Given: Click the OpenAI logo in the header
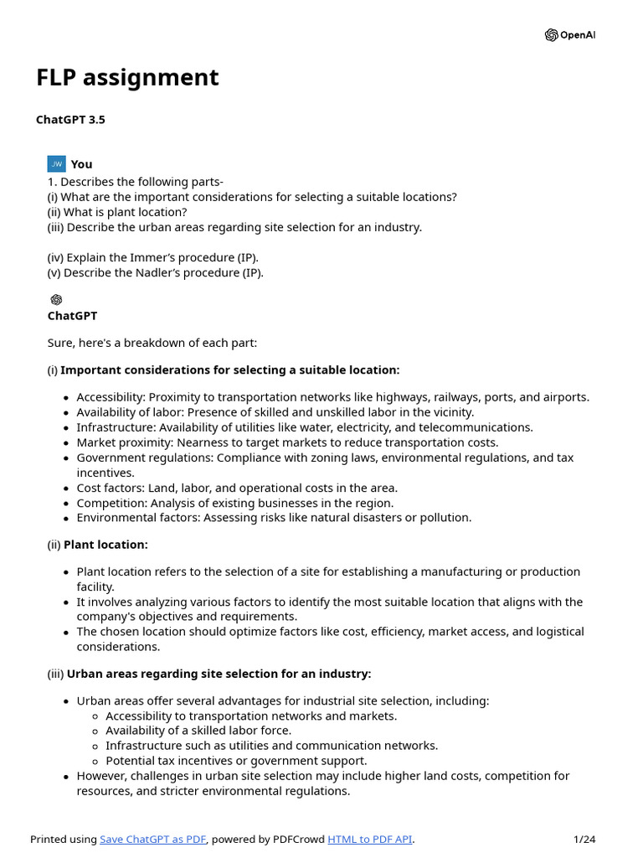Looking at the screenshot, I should point(570,35).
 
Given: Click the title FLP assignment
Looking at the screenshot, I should point(127,78).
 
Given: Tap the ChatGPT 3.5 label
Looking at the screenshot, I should point(70,120).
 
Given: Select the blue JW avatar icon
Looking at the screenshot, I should point(56,164).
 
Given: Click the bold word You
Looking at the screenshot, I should point(82,164).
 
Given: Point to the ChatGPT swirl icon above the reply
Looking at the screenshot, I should point(56,300).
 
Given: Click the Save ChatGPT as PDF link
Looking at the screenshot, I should point(153,840).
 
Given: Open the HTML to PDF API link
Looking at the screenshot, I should point(370,840).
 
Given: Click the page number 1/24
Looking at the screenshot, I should point(584,840).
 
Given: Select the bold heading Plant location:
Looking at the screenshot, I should point(105,545).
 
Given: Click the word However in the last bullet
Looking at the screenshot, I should point(101,776).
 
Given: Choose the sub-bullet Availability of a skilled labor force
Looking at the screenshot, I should point(198,731).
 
